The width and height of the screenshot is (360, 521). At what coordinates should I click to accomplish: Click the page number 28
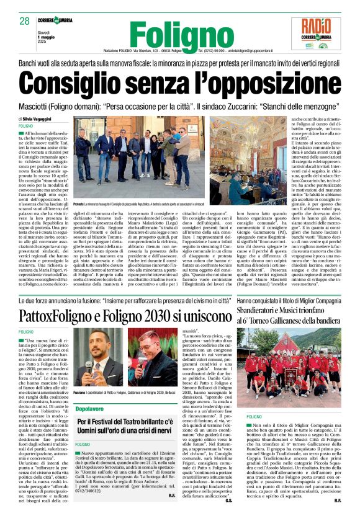(25, 21)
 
